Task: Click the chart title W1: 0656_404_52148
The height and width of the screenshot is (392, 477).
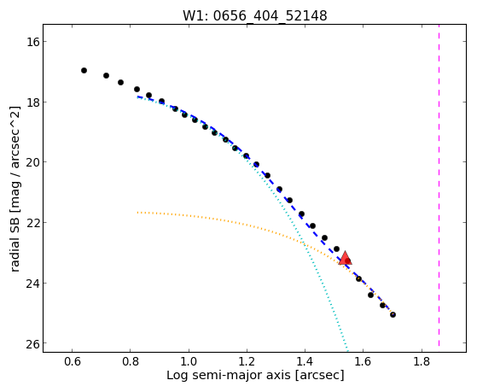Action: (254, 15)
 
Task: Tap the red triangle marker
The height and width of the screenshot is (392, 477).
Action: (345, 259)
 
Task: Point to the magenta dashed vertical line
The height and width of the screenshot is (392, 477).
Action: (439, 185)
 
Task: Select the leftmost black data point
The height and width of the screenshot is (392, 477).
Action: (84, 70)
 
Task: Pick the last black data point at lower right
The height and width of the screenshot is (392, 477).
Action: (393, 314)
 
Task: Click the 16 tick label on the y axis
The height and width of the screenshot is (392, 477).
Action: (33, 42)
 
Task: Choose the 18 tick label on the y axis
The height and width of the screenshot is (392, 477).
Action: (33, 102)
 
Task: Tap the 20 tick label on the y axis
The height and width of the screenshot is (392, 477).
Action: (33, 162)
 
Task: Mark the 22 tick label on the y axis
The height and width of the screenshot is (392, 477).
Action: (33, 223)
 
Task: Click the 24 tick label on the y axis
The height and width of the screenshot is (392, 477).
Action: (33, 284)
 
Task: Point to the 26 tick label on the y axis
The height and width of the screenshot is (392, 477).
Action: (33, 343)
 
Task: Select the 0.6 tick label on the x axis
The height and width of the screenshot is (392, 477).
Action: (72, 362)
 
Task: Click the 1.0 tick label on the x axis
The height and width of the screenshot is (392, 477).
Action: (189, 362)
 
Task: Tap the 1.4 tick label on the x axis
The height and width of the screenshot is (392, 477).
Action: (305, 362)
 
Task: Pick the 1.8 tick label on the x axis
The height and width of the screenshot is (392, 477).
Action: (422, 362)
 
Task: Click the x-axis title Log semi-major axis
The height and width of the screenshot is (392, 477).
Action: (229, 376)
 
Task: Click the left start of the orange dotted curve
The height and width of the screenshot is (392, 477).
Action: (137, 212)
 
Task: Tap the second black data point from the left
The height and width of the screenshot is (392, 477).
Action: (106, 75)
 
